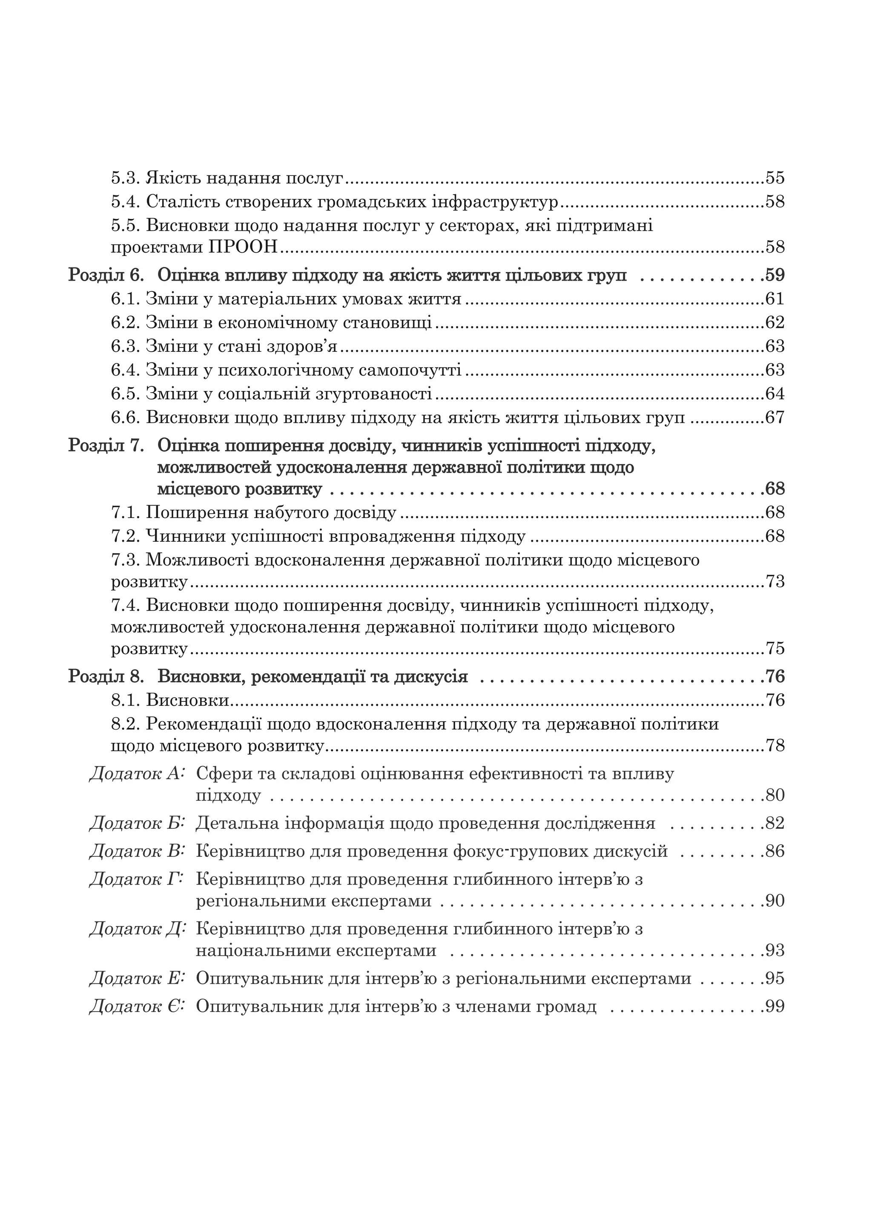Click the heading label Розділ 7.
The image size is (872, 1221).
pos(106,445)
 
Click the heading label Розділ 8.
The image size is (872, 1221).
pos(106,677)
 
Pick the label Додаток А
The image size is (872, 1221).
pos(137,774)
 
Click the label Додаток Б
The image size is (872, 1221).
pos(137,823)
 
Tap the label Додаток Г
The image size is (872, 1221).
pos(137,879)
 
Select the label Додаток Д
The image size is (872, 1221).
pos(137,928)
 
